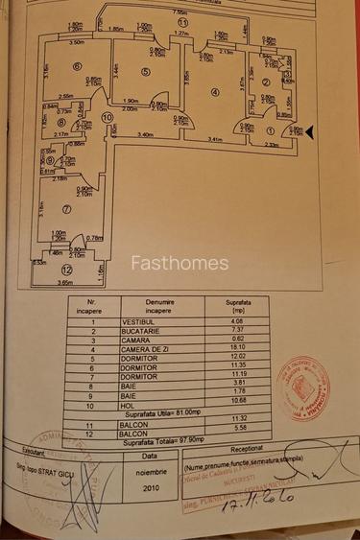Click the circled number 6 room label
[75, 66]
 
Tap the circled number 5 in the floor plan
[145, 71]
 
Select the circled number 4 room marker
[214, 92]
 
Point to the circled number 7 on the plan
[66, 209]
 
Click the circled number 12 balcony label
[66, 270]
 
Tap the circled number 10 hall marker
[107, 118]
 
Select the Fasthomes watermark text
[180, 263]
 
